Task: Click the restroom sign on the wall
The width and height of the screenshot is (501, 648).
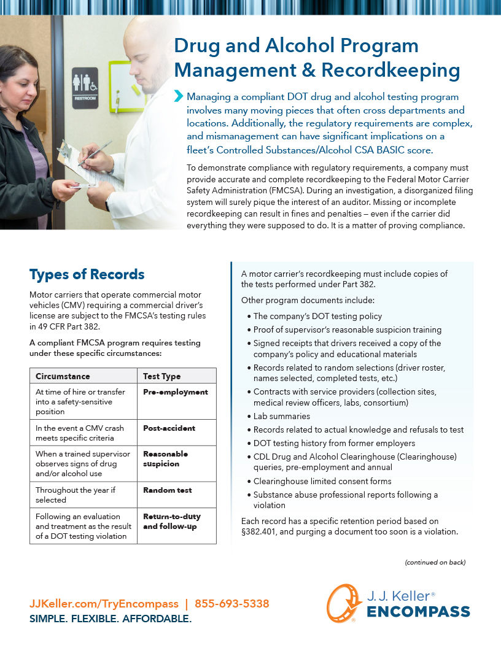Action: point(85,88)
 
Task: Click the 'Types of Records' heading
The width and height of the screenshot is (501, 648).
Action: point(87,274)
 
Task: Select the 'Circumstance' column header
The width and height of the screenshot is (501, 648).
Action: point(63,376)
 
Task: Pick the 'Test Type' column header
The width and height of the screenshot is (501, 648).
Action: point(161,376)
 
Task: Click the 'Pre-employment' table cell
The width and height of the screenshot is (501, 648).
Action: point(176,392)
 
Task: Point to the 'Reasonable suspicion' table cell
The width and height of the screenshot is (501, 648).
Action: point(166,459)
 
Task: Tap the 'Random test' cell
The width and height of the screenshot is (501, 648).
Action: point(168,490)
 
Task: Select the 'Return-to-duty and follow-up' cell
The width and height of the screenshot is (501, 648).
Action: point(172,522)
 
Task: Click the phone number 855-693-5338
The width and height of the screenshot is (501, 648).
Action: point(231,604)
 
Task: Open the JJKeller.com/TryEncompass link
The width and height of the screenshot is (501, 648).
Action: point(104,604)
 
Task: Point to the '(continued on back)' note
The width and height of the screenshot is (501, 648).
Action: point(435,563)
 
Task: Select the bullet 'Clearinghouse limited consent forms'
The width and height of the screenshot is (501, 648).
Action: point(322,481)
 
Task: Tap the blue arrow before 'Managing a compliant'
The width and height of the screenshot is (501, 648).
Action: point(179,96)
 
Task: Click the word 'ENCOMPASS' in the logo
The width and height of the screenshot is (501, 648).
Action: point(418,612)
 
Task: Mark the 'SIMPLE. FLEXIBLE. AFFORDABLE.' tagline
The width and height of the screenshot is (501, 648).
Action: point(111,619)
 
